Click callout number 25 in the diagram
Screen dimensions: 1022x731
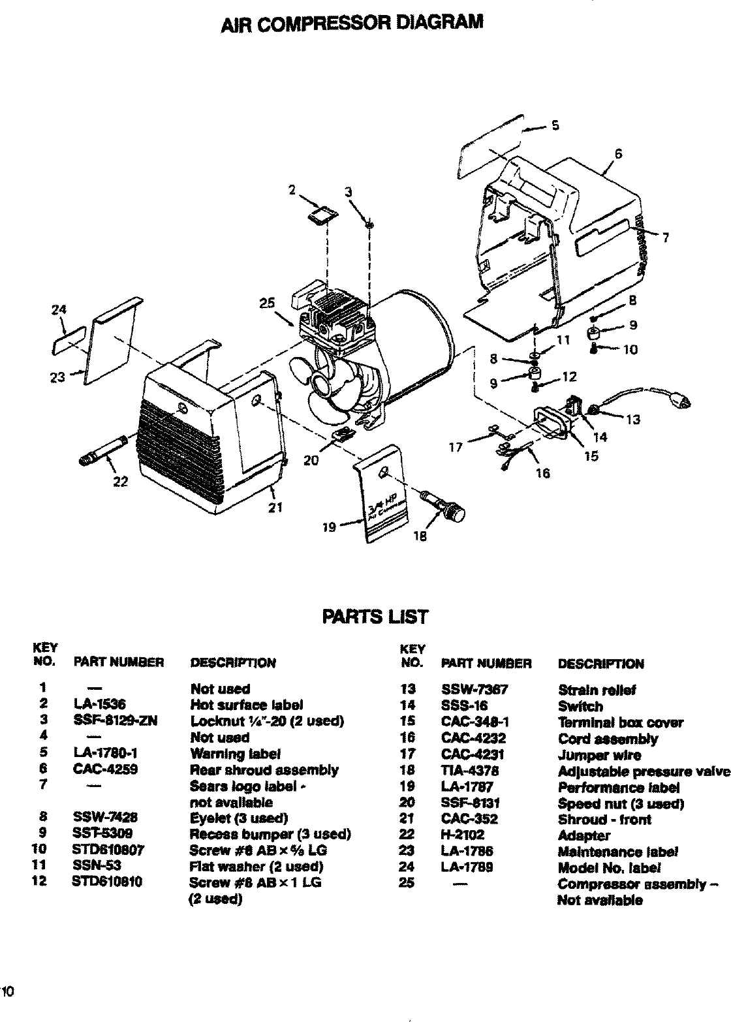pos(267,303)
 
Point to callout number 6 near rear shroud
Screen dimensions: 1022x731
pos(618,154)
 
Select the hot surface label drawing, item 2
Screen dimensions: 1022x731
pos(323,214)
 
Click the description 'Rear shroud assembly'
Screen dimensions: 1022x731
pos(264,770)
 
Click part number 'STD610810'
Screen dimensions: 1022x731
pos(108,882)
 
